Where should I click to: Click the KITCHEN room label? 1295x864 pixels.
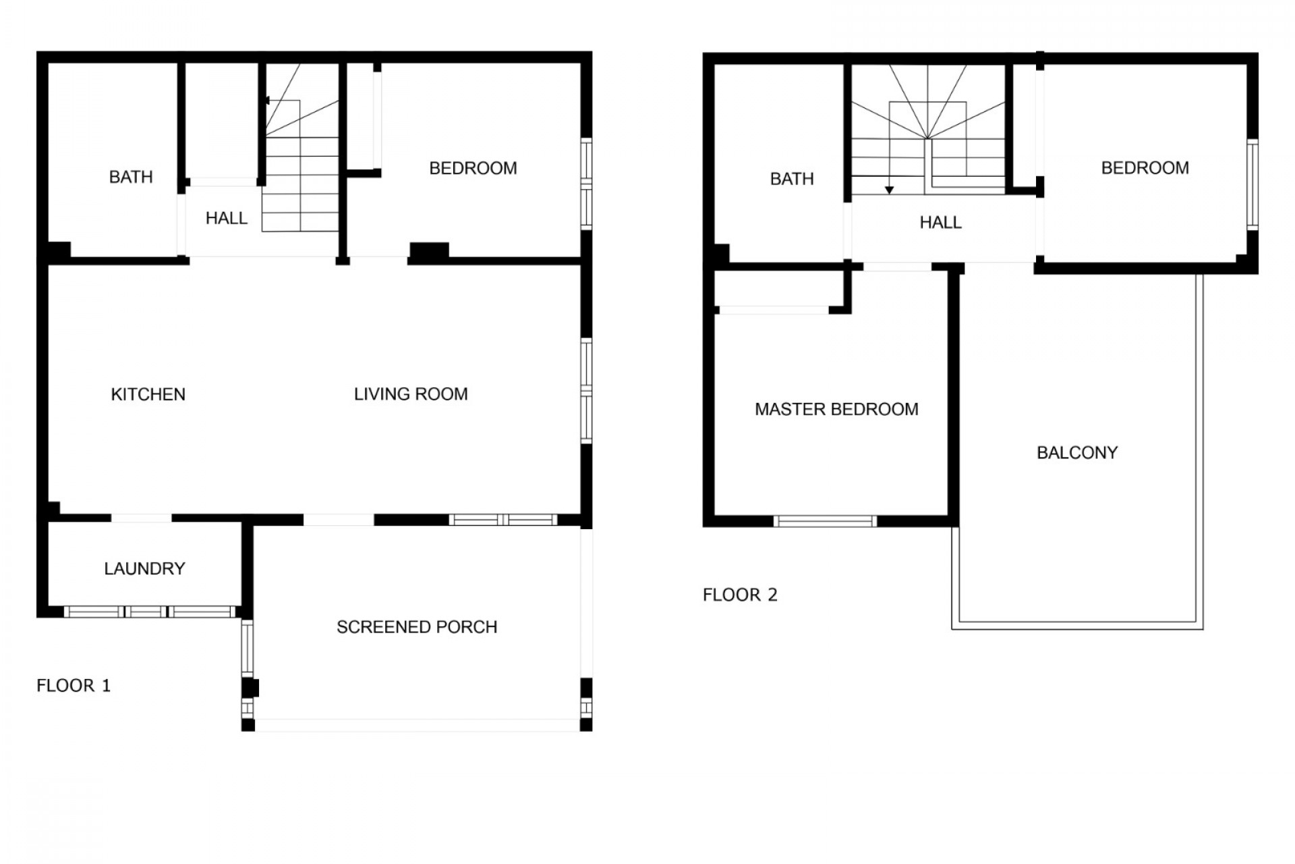(148, 394)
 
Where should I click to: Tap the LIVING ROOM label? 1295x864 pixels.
(411, 394)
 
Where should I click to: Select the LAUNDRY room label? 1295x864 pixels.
(144, 568)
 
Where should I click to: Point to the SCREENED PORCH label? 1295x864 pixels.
(417, 627)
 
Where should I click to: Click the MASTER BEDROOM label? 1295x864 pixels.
(836, 409)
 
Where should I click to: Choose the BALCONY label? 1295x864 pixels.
(1077, 452)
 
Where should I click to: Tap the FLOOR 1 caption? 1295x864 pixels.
(74, 686)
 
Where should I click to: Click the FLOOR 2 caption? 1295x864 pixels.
(740, 595)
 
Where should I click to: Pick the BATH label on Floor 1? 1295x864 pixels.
(131, 177)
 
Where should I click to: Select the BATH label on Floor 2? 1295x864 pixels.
(792, 179)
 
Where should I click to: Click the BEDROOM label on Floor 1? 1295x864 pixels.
(473, 168)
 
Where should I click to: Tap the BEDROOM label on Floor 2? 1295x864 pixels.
(1145, 168)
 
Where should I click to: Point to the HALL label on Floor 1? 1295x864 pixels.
(227, 218)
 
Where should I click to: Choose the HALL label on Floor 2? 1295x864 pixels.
(940, 222)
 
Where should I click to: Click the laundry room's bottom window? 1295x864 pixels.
(150, 612)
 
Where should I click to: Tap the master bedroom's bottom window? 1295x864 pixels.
(825, 521)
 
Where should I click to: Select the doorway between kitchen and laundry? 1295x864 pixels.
(141, 518)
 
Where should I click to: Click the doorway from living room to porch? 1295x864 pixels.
(339, 520)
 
